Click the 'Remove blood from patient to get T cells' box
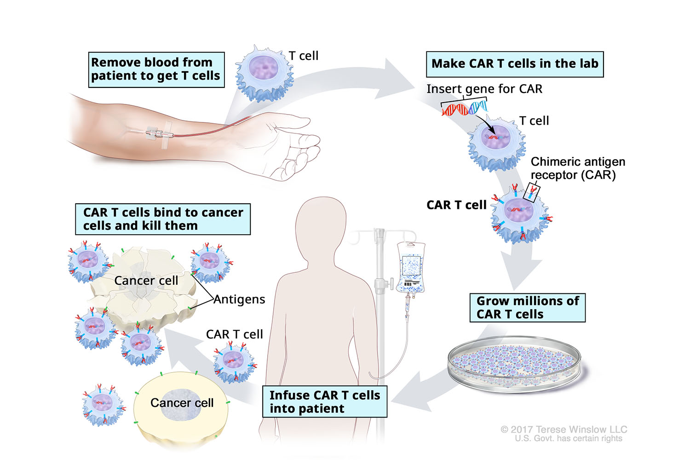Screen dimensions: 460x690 pyautogui.click(x=156, y=69)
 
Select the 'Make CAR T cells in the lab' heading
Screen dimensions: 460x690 pyautogui.click(x=514, y=64)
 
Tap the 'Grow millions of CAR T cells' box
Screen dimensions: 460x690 pyautogui.click(x=527, y=307)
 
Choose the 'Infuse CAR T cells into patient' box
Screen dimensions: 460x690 pyautogui.click(x=324, y=402)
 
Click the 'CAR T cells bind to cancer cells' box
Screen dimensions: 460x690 pyautogui.click(x=163, y=219)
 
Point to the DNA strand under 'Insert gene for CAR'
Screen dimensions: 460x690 pyautogui.click(x=464, y=109)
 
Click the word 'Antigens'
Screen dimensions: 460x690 pyautogui.click(x=239, y=299)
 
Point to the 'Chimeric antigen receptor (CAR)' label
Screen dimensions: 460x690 pyautogui.click(x=577, y=168)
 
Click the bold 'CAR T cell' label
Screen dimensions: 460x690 pyautogui.click(x=456, y=205)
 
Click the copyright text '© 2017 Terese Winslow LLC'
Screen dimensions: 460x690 pyautogui.click(x=563, y=429)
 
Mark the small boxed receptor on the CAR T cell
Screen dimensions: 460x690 pyautogui.click(x=534, y=192)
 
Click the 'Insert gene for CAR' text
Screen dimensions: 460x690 pyautogui.click(x=484, y=89)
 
